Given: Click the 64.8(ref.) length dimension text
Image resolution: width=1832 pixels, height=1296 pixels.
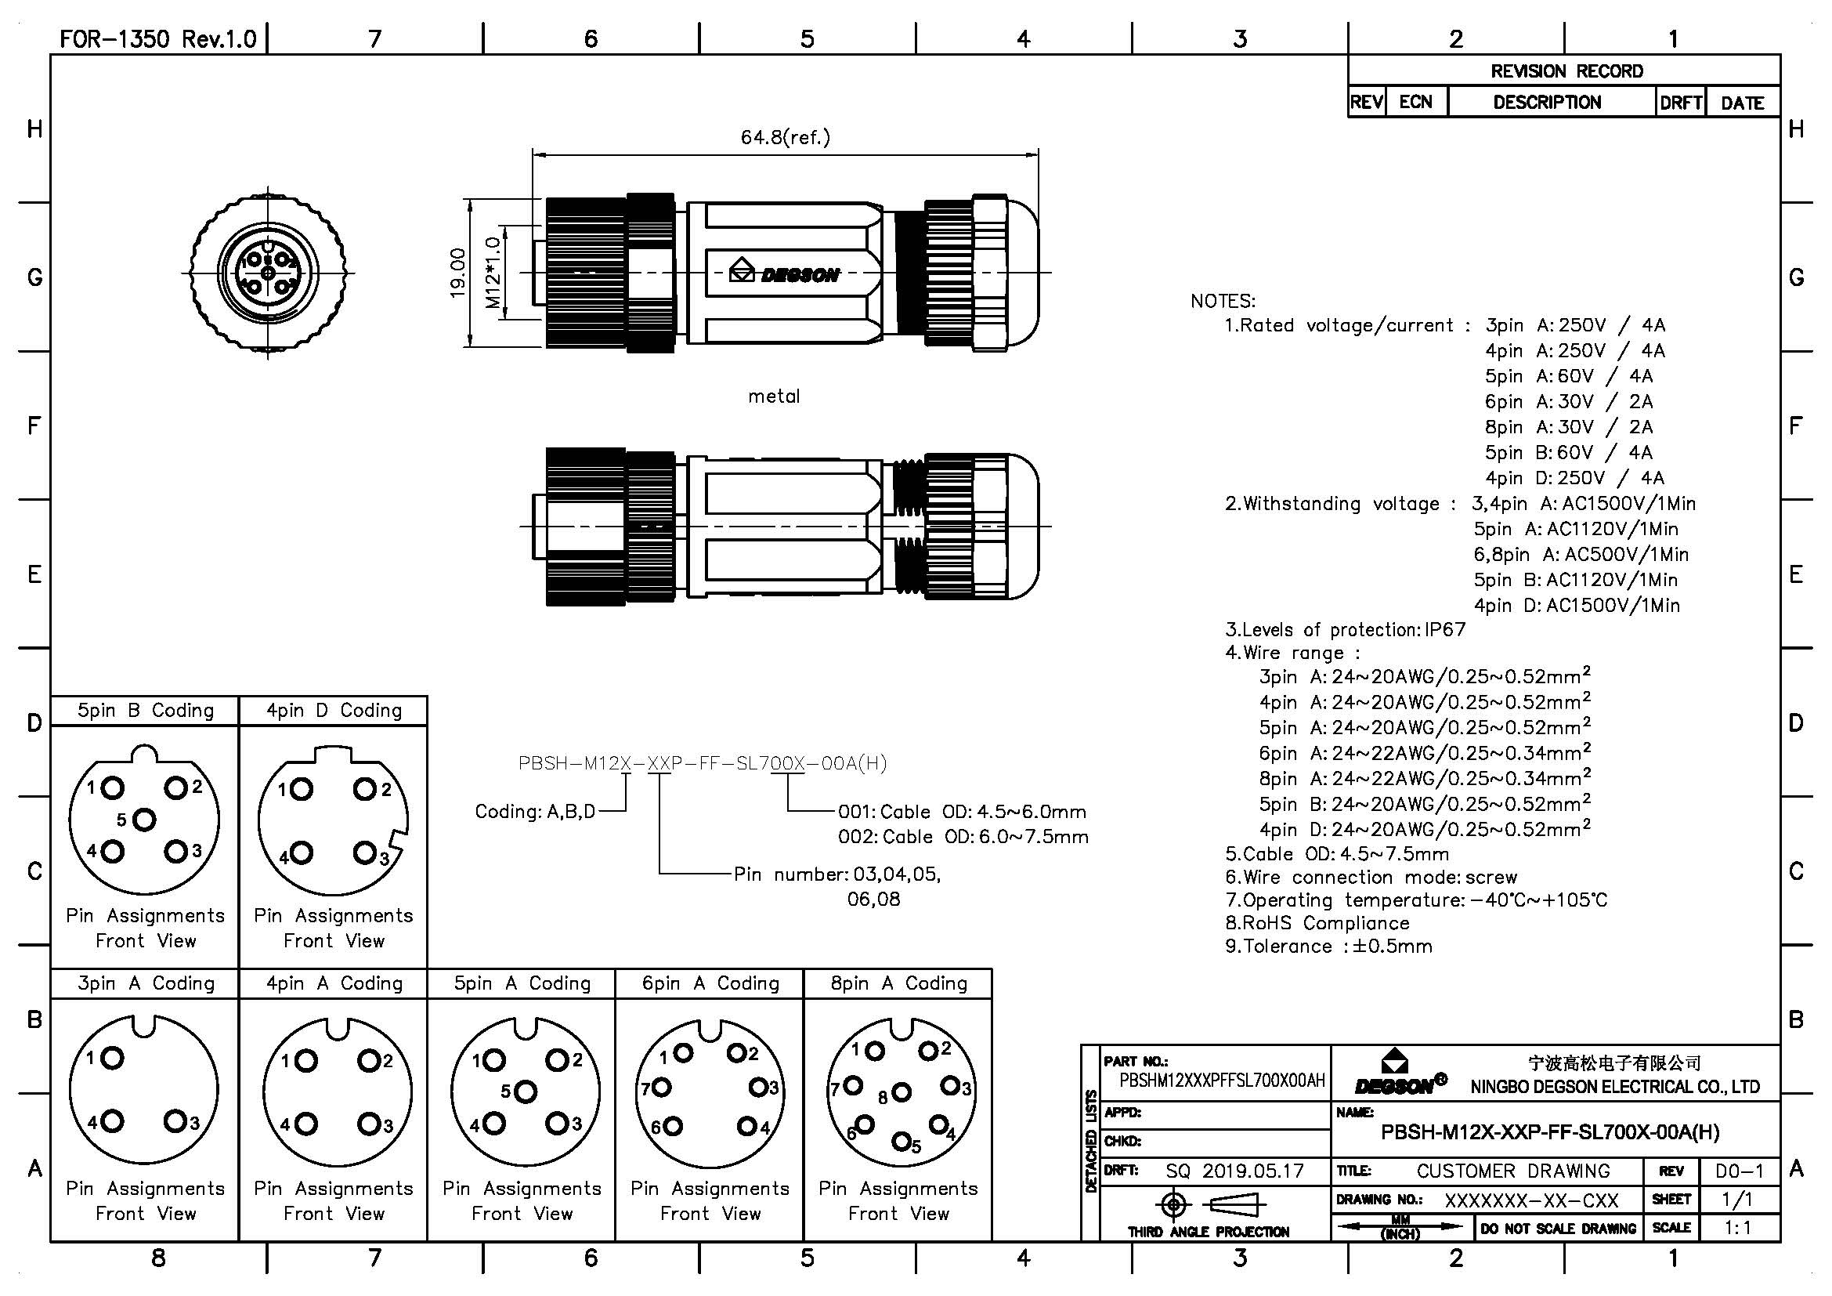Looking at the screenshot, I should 785,137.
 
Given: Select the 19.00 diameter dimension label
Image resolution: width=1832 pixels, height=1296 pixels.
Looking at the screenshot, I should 458,273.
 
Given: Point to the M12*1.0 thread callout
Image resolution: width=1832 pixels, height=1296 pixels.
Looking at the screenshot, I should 493,273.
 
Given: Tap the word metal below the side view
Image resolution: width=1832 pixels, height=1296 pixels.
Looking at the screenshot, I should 773,396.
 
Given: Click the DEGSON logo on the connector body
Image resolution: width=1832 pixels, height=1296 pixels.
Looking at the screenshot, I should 785,273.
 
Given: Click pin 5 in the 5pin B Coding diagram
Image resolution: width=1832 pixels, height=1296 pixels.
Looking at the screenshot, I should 143,819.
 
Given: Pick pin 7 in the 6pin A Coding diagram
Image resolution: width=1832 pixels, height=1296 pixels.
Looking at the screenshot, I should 663,1086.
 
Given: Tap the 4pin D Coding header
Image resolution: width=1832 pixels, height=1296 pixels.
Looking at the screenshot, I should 334,710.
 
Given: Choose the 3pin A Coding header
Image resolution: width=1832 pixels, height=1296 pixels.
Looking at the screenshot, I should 145,983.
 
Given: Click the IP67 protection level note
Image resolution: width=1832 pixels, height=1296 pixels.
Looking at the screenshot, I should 1445,629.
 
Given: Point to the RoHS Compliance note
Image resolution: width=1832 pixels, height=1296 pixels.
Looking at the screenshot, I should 1318,923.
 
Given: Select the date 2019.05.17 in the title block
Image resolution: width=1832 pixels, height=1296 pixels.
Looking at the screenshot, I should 1252,1171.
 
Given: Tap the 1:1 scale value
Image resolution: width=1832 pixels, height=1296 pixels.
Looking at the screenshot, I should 1739,1227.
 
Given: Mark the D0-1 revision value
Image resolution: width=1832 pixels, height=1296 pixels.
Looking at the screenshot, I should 1740,1171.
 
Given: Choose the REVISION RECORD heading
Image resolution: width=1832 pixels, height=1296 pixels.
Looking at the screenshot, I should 1566,71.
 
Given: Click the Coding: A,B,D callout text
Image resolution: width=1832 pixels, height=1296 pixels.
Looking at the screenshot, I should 535,812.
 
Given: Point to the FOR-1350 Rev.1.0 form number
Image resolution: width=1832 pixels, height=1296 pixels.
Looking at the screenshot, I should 158,39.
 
